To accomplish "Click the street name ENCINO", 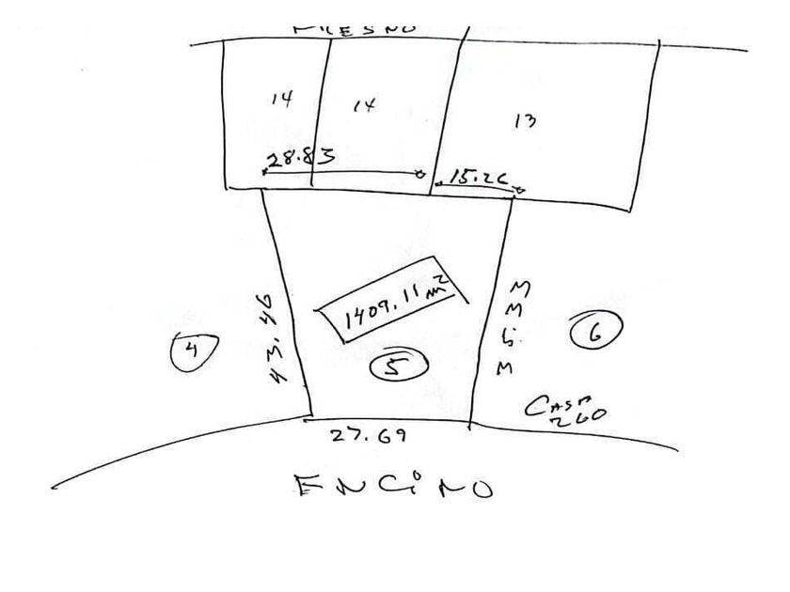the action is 393,487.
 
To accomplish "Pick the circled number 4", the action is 194,351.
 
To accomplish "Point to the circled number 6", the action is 594,331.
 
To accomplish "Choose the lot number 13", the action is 526,120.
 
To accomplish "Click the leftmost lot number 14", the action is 281,98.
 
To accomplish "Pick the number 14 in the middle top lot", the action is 364,105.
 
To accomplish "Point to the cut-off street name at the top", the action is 356,29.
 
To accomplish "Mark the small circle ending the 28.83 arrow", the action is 420,174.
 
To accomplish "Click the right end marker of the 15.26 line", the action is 520,190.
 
